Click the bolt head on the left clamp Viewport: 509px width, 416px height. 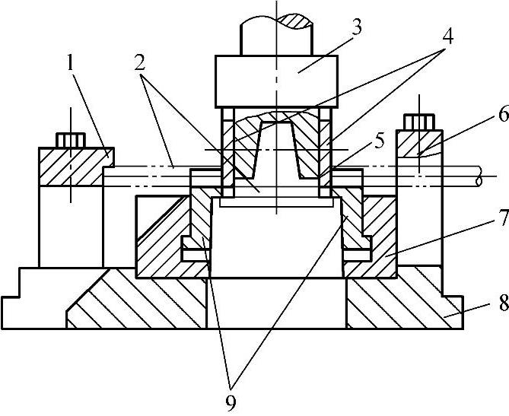pyautogui.click(x=70, y=140)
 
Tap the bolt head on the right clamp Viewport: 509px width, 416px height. pyautogui.click(x=419, y=122)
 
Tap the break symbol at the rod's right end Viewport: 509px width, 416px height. pyautogui.click(x=478, y=179)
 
